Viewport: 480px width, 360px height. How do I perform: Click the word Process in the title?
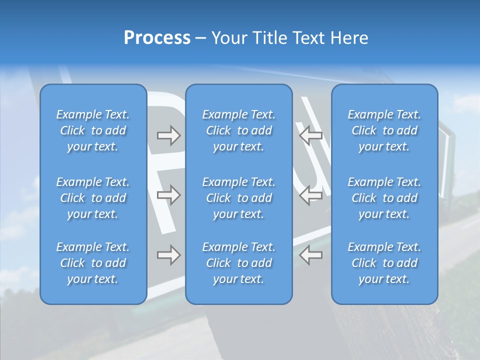pos(157,38)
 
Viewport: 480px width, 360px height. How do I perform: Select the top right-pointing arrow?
pos(168,135)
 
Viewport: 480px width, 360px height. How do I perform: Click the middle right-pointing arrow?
pos(168,195)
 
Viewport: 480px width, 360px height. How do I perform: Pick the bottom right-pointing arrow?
pos(168,255)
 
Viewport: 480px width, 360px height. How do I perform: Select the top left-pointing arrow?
pos(311,135)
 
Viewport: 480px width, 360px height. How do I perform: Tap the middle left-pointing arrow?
pos(311,195)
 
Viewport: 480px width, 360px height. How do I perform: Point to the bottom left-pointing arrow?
pos(311,255)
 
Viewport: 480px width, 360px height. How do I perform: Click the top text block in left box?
pos(93,130)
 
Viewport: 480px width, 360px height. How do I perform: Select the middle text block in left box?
pos(93,198)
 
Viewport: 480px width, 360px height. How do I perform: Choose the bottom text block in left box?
pos(93,263)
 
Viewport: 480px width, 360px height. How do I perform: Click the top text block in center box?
pos(239,130)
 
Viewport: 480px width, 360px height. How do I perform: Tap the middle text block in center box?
pos(239,198)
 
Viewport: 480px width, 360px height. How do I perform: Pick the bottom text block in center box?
pos(239,263)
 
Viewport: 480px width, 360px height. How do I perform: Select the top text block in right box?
pos(384,130)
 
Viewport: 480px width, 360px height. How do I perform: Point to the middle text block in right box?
pos(384,198)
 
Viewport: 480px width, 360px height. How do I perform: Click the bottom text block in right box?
pos(384,263)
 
